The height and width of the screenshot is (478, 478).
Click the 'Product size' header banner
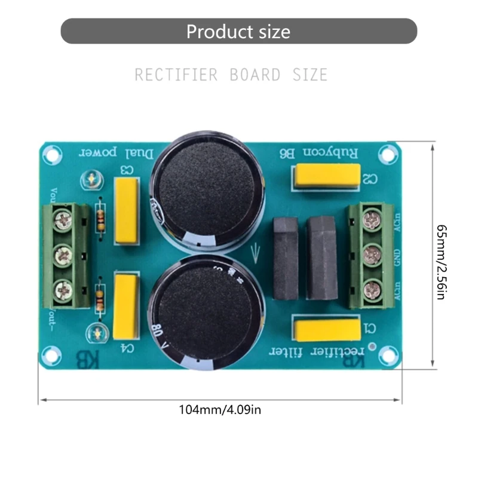[x=238, y=31]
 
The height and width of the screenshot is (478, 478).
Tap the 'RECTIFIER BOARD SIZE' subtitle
[x=231, y=75]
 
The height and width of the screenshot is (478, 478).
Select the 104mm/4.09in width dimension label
[x=220, y=410]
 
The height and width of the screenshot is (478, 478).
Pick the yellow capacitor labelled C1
[x=326, y=328]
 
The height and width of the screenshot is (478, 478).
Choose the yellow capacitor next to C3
[x=126, y=212]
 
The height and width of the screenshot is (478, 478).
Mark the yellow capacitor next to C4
[x=125, y=299]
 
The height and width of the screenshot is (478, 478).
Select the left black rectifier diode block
[x=286, y=258]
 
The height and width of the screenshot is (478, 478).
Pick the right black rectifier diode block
[x=322, y=258]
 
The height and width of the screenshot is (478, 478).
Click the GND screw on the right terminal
[x=373, y=254]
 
